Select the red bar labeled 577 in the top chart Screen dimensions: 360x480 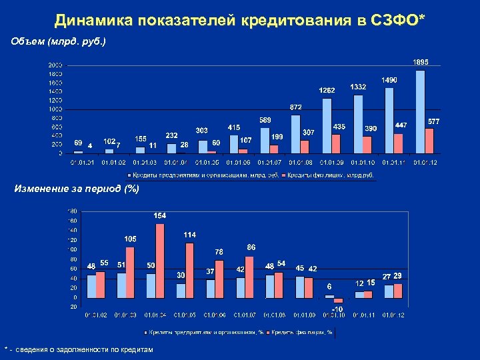(429, 141)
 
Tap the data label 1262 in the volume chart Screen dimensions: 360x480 (327, 90)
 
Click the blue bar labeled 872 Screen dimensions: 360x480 (295, 133)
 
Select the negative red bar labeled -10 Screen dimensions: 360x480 (338, 300)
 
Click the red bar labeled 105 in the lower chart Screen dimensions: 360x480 (130, 272)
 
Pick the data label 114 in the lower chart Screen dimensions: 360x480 (189, 235)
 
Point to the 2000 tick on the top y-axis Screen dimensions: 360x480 (55, 65)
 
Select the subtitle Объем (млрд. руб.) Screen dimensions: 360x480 (59, 42)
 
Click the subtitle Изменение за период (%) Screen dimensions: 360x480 (77, 189)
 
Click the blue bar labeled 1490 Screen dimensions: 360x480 (389, 120)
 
